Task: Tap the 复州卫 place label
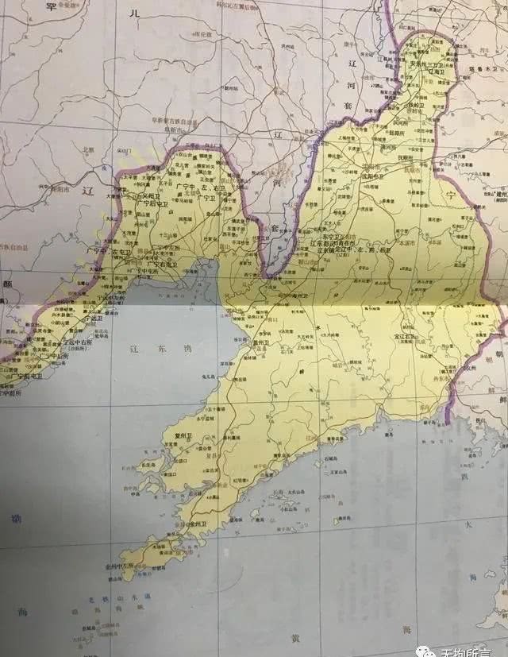tap(174, 436)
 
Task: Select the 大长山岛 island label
tap(294, 493)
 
